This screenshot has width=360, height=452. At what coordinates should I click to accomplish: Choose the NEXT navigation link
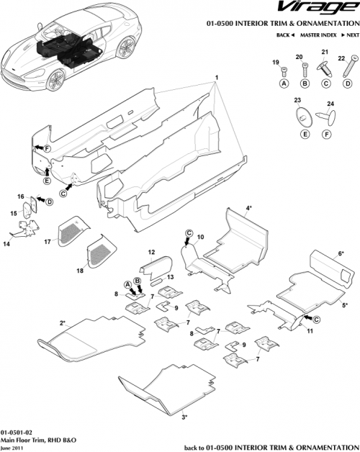click(350, 35)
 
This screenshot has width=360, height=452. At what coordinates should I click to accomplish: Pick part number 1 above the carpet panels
click(215, 77)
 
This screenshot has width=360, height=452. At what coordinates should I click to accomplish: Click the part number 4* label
click(248, 208)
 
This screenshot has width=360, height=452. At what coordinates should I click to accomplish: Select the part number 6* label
click(341, 253)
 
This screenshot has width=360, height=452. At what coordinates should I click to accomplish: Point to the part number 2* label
click(63, 323)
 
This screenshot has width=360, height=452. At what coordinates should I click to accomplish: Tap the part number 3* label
click(184, 416)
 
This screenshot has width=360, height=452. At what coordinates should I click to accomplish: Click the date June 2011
click(12, 446)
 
